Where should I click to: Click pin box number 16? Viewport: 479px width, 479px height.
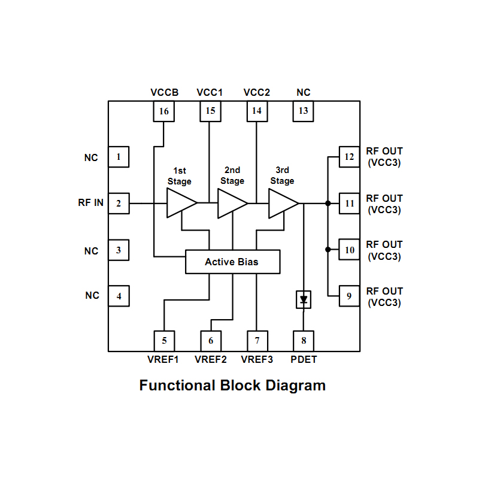pos(164,111)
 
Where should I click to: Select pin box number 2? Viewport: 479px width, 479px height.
pos(119,204)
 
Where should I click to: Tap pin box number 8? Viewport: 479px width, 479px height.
pos(304,341)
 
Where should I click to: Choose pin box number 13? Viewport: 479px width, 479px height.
pos(304,111)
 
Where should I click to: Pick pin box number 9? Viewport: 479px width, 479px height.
pos(350,296)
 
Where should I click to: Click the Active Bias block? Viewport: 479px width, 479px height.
pos(232,262)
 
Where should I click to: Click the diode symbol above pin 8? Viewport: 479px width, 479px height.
pos(304,299)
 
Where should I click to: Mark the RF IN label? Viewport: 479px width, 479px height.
pos(90,203)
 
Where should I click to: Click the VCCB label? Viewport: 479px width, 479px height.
pos(164,93)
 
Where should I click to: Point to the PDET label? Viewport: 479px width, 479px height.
pos(304,360)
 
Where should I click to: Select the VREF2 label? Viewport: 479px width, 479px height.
pos(211,360)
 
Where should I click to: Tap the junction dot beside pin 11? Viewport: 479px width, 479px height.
pos(328,204)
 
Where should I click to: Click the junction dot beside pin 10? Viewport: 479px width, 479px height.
pos(328,250)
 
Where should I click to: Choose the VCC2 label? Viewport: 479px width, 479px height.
pos(257,93)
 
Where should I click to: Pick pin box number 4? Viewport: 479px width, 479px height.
pos(119,296)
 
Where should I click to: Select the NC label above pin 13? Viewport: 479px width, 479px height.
pos(304,93)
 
